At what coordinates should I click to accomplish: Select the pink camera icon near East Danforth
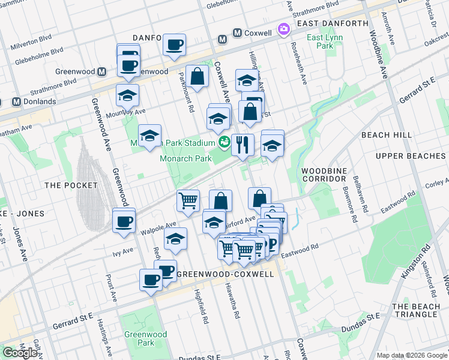tap(283, 29)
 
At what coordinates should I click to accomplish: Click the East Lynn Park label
tap(319, 41)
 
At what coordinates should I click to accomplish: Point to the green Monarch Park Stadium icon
tap(224, 143)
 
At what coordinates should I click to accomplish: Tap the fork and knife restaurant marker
tap(243, 145)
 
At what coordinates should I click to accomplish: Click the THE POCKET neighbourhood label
tap(68, 185)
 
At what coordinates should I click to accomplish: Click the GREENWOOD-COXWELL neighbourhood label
tap(228, 274)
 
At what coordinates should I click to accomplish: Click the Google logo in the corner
tap(20, 353)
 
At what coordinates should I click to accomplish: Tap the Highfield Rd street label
tap(201, 307)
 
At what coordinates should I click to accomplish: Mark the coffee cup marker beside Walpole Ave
tap(124, 221)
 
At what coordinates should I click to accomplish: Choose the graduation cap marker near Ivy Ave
tap(175, 239)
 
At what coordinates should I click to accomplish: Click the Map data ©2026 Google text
tap(412, 355)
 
